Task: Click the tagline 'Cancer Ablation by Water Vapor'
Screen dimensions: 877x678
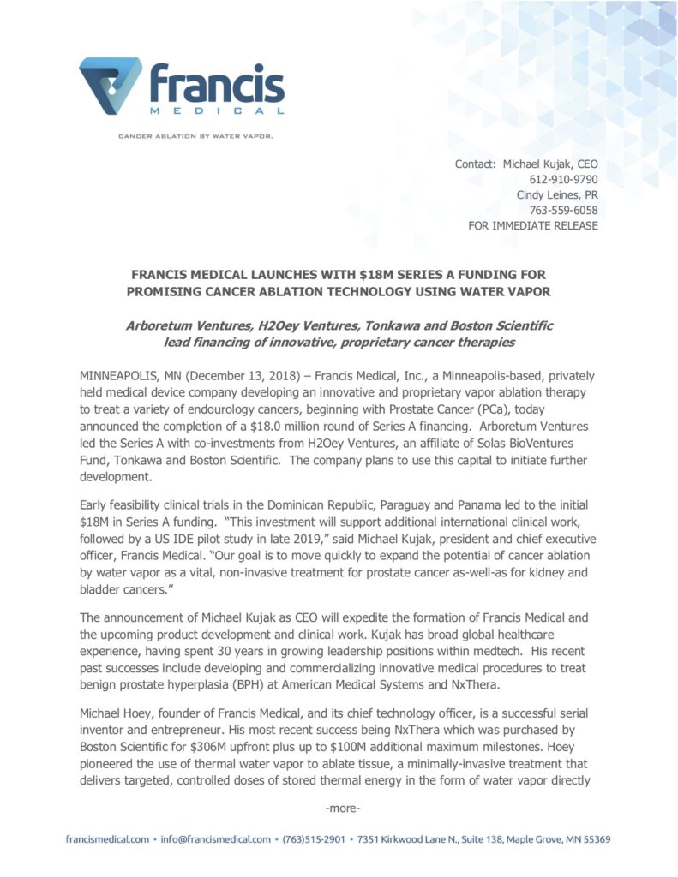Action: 195,134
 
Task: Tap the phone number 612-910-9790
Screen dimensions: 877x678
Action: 564,179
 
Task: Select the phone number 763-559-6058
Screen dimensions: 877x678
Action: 564,210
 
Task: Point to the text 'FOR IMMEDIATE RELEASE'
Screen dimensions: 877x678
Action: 533,225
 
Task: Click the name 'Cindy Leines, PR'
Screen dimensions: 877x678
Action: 557,194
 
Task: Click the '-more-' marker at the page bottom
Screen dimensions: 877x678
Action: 343,808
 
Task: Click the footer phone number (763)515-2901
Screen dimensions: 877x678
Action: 314,839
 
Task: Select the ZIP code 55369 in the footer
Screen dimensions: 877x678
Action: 594,839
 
